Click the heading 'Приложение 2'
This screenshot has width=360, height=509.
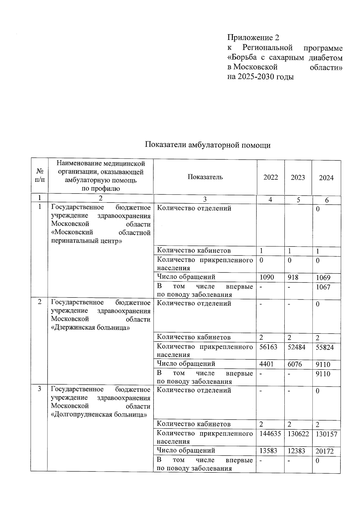(253, 37)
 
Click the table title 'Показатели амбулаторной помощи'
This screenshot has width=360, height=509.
(208, 145)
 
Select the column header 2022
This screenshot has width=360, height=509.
(271, 177)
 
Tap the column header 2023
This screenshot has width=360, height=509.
(298, 177)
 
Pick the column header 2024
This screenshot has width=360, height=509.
(326, 178)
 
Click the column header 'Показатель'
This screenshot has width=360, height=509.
(205, 177)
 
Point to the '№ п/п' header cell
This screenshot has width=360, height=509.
(40, 176)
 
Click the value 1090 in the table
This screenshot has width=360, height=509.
(267, 277)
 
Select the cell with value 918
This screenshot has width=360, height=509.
(293, 277)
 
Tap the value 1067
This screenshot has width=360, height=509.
(323, 287)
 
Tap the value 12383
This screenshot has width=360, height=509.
(296, 451)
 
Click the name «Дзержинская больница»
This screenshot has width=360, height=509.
(91, 328)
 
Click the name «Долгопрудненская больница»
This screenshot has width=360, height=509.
(99, 415)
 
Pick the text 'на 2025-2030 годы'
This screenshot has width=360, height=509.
(260, 77)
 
